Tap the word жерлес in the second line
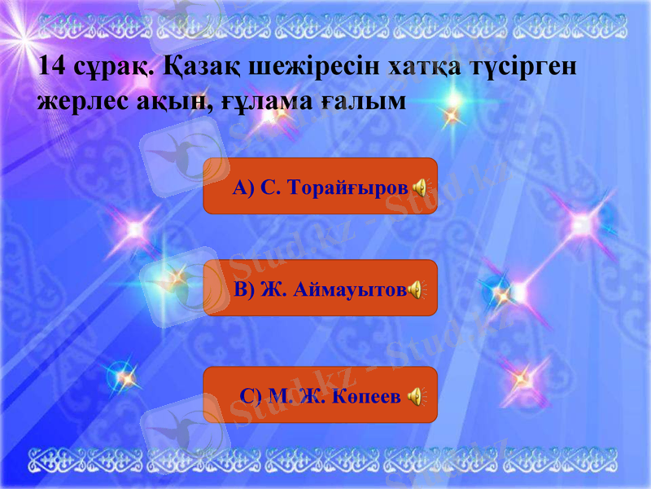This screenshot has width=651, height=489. (79, 101)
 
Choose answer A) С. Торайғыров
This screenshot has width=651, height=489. (320, 187)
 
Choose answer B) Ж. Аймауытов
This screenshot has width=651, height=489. (320, 289)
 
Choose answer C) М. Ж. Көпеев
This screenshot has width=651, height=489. (320, 395)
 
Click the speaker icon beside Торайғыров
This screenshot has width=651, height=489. (419, 187)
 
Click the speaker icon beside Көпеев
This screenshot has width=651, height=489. (415, 396)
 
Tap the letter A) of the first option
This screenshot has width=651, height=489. (243, 187)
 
